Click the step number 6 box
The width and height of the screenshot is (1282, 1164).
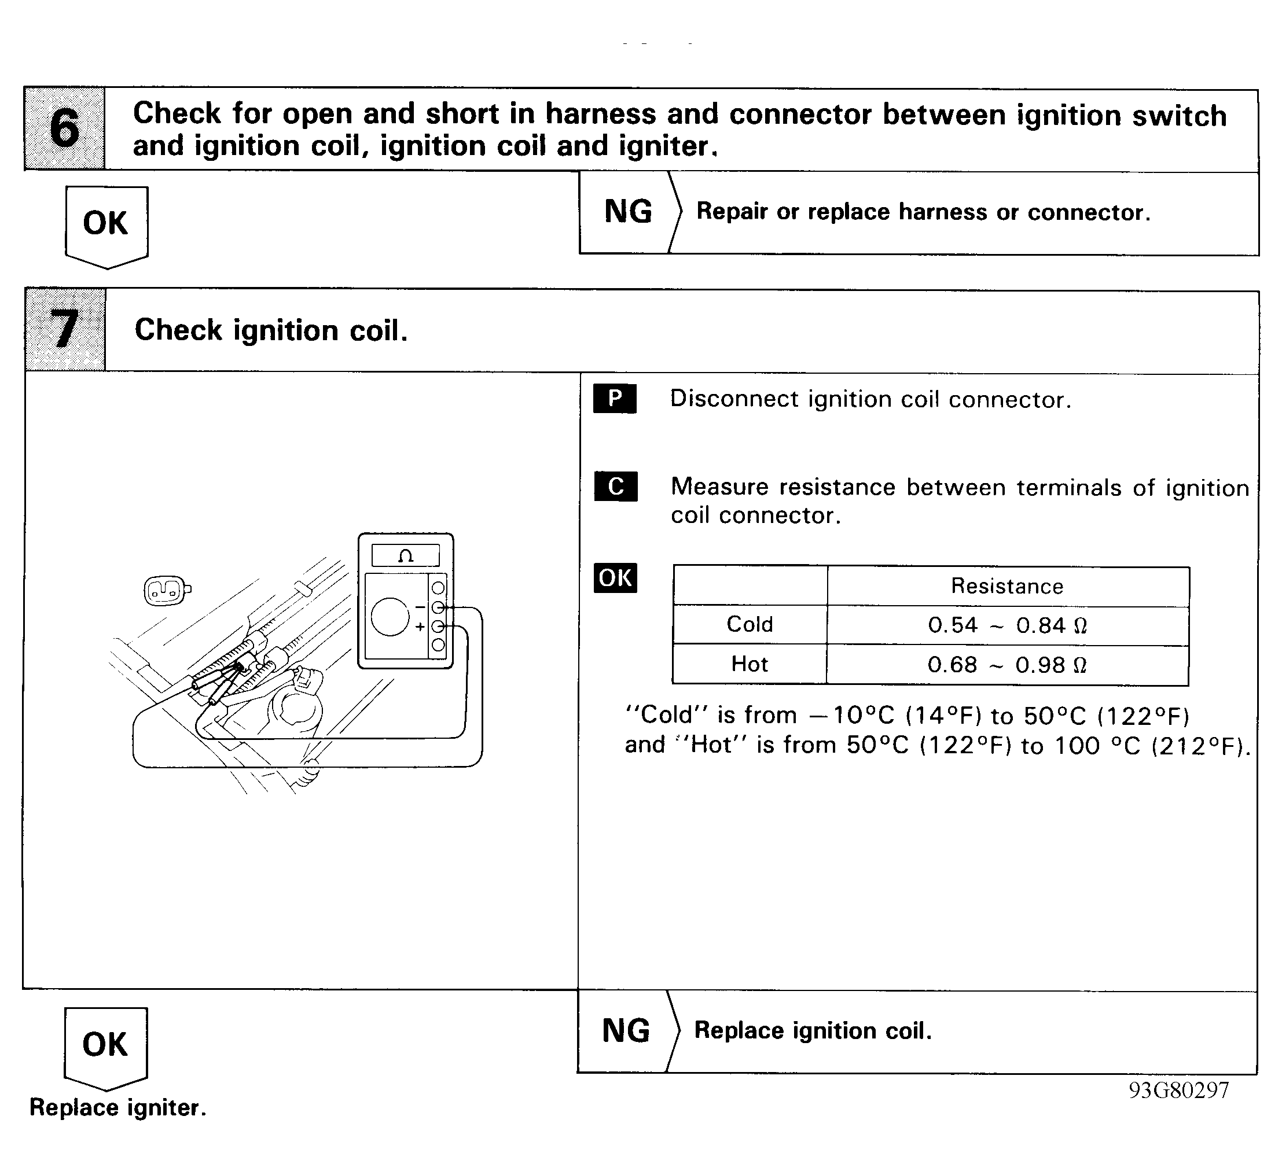pyautogui.click(x=65, y=128)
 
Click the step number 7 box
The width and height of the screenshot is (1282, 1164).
pyautogui.click(x=65, y=329)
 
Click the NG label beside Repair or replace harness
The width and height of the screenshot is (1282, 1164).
pyautogui.click(x=627, y=212)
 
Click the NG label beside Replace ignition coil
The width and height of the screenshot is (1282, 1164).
pyautogui.click(x=626, y=1030)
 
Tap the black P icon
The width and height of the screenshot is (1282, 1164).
pyautogui.click(x=615, y=399)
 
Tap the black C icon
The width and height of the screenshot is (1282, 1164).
pyautogui.click(x=616, y=487)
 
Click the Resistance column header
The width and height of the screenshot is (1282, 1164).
pyautogui.click(x=1007, y=586)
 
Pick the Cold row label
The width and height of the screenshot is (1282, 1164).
pyautogui.click(x=750, y=624)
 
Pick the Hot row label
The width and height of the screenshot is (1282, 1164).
pyautogui.click(x=750, y=664)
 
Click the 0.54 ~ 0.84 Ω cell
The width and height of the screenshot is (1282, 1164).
pyautogui.click(x=1007, y=625)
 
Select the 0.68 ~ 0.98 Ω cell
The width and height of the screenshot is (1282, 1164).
pyautogui.click(x=1007, y=665)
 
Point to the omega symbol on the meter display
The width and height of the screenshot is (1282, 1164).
pyautogui.click(x=406, y=556)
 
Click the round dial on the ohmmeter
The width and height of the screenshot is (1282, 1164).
pyautogui.click(x=390, y=617)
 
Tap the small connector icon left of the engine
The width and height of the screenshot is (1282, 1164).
pyautogui.click(x=167, y=591)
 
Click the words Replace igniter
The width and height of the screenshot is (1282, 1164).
pyautogui.click(x=118, y=1108)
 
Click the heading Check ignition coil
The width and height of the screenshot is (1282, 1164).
pyautogui.click(x=271, y=330)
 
